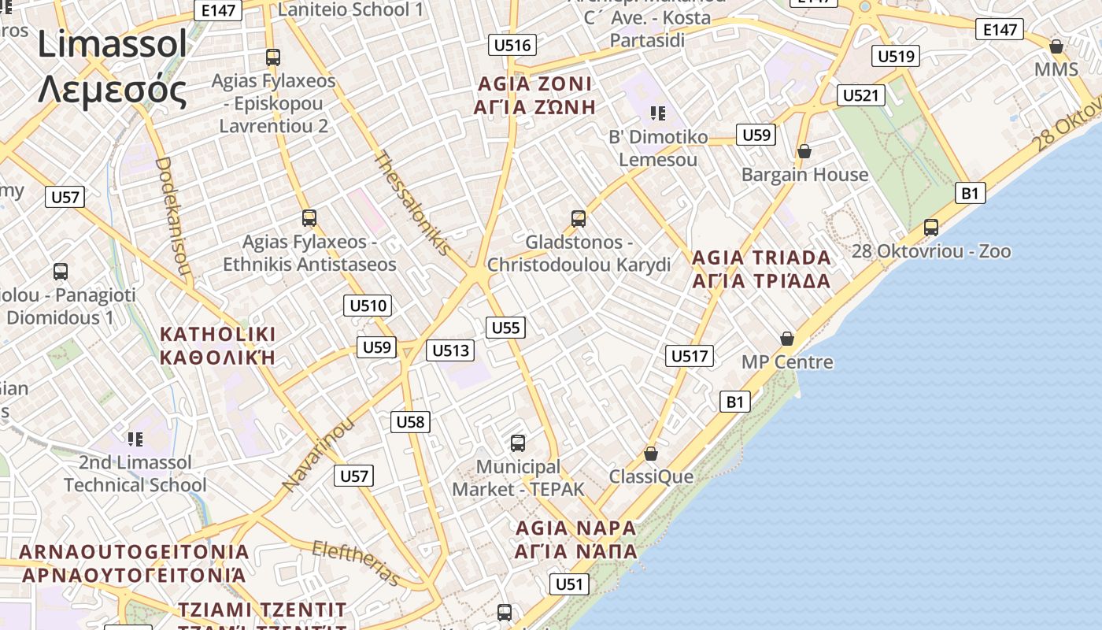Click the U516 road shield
pyautogui.click(x=512, y=45)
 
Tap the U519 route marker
pyautogui.click(x=896, y=56)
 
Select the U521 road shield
pyautogui.click(x=860, y=95)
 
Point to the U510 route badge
pyautogui.click(x=368, y=306)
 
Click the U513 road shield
pyautogui.click(x=450, y=350)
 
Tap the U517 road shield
pyautogui.click(x=690, y=356)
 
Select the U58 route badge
pyautogui.click(x=410, y=422)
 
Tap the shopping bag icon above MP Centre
pyautogui.click(x=786, y=339)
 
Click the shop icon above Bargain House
pyautogui.click(x=804, y=150)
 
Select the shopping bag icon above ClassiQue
pyautogui.click(x=650, y=454)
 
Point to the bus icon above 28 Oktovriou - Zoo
pyautogui.click(x=931, y=228)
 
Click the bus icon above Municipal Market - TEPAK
pyautogui.click(x=517, y=443)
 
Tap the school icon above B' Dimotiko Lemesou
pyautogui.click(x=657, y=113)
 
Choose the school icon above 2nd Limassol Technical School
pyautogui.click(x=135, y=439)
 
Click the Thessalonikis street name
pyautogui.click(x=412, y=202)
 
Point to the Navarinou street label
pyautogui.click(x=318, y=455)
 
